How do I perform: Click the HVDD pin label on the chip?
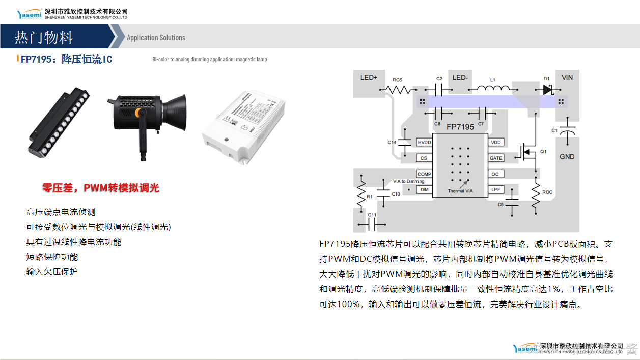pyautogui.click(x=424, y=142)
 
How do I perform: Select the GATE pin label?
pyautogui.click(x=496, y=158)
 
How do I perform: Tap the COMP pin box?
pyautogui.click(x=424, y=174)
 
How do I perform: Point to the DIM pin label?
pyautogui.click(x=424, y=189)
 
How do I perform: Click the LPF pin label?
pyautogui.click(x=495, y=189)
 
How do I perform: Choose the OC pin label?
pyautogui.click(x=495, y=174)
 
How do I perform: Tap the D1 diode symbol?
pyautogui.click(x=547, y=90)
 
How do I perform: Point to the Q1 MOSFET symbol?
pyautogui.click(x=530, y=151)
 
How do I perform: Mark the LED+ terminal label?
pyautogui.click(x=369, y=78)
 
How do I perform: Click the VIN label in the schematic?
pyautogui.click(x=567, y=78)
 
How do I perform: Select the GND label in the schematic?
pyautogui.click(x=567, y=157)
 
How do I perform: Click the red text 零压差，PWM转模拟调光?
pyautogui.click(x=100, y=188)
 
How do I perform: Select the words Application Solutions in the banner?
pyautogui.click(x=156, y=38)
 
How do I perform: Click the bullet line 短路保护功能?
pyautogui.click(x=52, y=257)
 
